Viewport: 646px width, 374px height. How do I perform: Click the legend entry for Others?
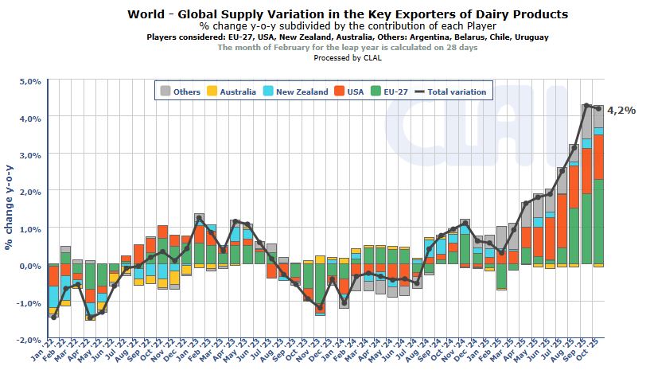(x=180, y=92)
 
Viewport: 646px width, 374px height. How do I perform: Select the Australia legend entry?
(x=231, y=92)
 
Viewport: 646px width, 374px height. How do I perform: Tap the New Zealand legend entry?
(x=294, y=92)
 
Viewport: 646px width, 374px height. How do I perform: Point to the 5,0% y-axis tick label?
(x=29, y=81)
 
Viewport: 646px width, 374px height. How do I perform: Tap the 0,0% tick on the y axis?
(x=29, y=266)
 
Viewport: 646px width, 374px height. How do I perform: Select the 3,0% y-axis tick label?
(x=29, y=155)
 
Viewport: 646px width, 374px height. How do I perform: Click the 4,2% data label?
(x=621, y=111)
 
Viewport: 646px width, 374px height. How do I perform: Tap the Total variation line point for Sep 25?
(x=586, y=106)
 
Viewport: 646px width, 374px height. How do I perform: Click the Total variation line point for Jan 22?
(x=53, y=317)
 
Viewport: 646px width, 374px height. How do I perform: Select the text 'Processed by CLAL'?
(x=348, y=57)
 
